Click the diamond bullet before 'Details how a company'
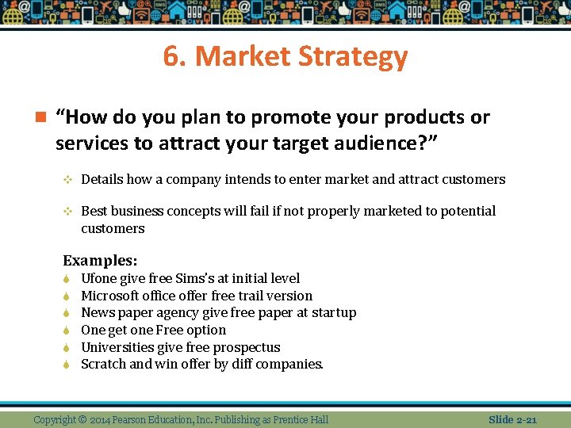click(x=67, y=180)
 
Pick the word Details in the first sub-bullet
click(x=102, y=179)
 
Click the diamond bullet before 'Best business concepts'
click(x=67, y=212)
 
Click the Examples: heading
click(x=100, y=260)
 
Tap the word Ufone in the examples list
click(x=100, y=278)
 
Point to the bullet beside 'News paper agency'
click(x=67, y=313)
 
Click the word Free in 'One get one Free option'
click(x=170, y=330)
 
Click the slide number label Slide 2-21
click(x=512, y=419)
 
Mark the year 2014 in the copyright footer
click(x=101, y=419)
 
